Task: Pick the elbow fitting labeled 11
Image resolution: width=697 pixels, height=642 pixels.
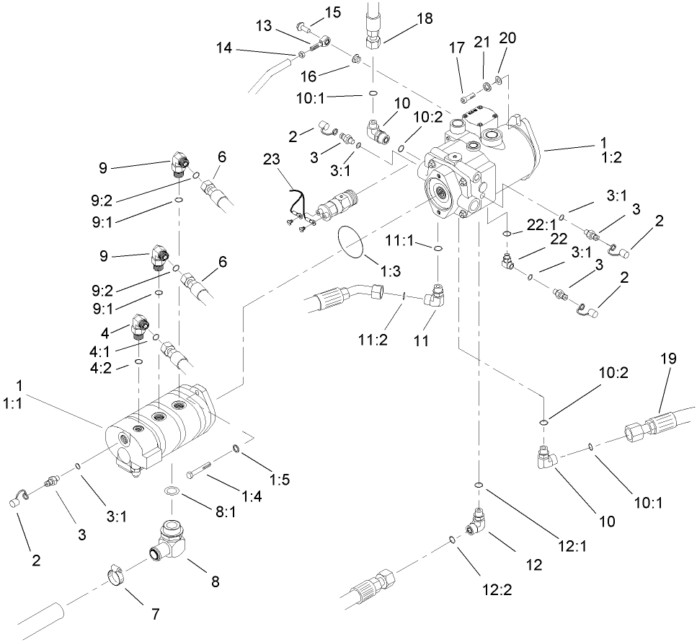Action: pyautogui.click(x=436, y=296)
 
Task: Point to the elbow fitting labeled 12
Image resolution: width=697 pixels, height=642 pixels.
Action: pyautogui.click(x=478, y=521)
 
